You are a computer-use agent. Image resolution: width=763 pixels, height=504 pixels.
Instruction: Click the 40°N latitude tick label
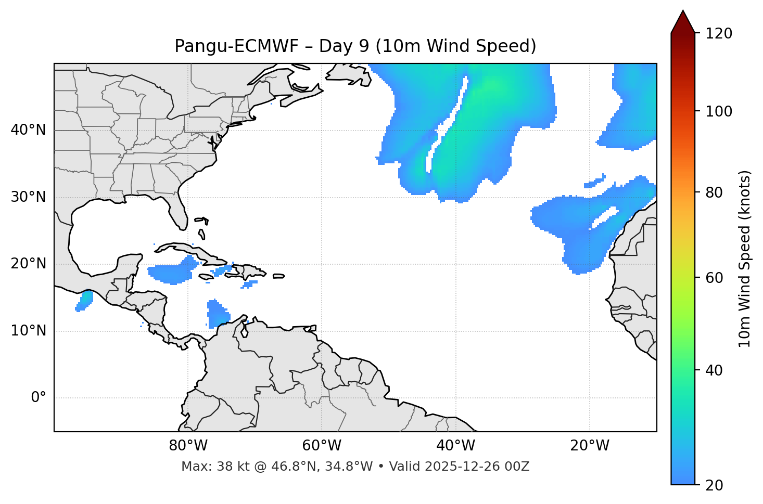click(28, 130)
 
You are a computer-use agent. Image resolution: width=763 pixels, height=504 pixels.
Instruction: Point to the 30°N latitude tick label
click(28, 197)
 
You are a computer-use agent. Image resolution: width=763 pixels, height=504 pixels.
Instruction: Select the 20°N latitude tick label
click(28, 264)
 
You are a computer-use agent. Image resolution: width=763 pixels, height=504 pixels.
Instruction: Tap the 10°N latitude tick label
click(28, 331)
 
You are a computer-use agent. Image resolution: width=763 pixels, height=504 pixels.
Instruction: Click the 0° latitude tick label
click(39, 398)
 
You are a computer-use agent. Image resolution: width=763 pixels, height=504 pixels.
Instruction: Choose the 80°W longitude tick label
click(188, 446)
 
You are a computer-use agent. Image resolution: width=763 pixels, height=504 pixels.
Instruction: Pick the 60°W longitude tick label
click(322, 446)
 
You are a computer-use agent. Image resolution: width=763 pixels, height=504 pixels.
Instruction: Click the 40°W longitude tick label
click(455, 446)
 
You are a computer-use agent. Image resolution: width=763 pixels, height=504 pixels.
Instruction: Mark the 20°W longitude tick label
click(589, 446)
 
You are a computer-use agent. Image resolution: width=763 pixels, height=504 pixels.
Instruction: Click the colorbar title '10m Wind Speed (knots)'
click(745, 259)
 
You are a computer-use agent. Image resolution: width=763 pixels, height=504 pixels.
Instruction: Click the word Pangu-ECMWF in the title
click(236, 46)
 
